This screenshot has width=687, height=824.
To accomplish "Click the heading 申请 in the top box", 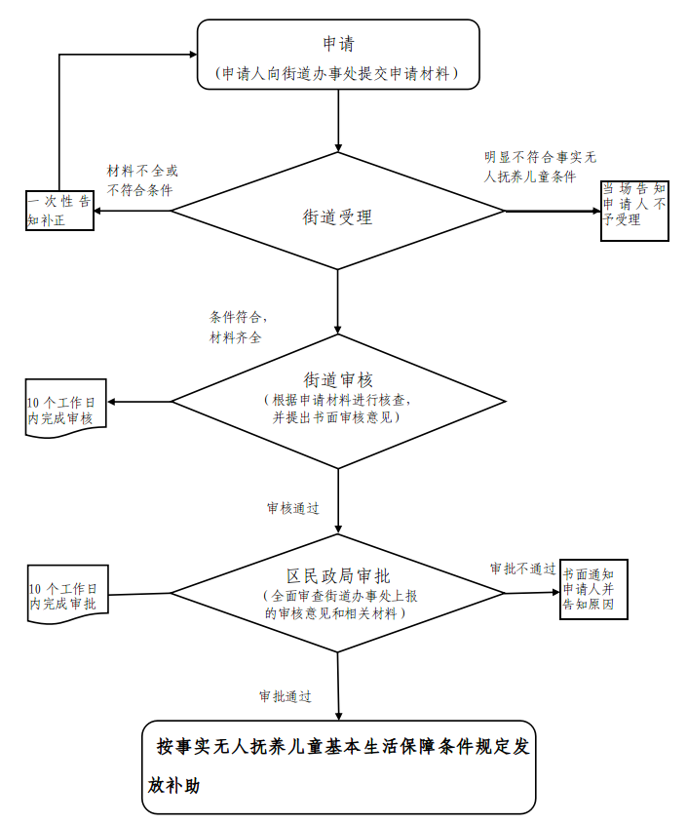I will pyautogui.click(x=338, y=44).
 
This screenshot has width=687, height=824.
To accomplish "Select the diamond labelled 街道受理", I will pyautogui.click(x=338, y=217).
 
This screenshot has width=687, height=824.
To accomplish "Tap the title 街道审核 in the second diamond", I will pyautogui.click(x=338, y=379).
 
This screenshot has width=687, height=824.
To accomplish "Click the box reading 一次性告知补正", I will pyautogui.click(x=59, y=211).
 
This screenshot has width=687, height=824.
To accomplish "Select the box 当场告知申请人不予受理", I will pyautogui.click(x=634, y=211).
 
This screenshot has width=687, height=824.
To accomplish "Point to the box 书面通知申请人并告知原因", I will pyautogui.click(x=593, y=589).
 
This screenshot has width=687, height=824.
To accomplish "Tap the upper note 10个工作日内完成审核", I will pyautogui.click(x=65, y=410).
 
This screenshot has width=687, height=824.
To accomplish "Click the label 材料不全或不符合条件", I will pyautogui.click(x=142, y=180).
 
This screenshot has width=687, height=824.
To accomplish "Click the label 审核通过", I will pyautogui.click(x=292, y=508).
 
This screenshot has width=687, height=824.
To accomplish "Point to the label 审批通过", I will pyautogui.click(x=286, y=696).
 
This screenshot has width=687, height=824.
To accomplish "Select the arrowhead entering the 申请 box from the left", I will pyautogui.click(x=191, y=55).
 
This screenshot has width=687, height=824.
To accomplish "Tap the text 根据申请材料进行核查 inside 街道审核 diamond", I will pyautogui.click(x=338, y=400).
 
